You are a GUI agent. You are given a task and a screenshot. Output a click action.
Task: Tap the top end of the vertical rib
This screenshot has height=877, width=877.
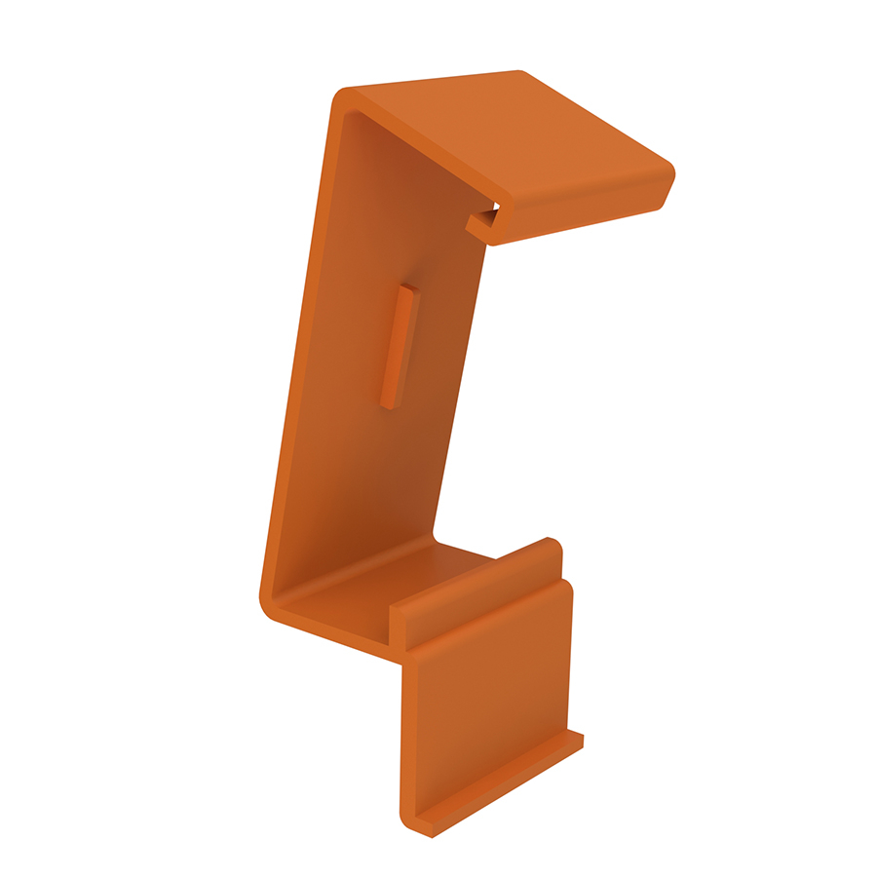click(409, 289)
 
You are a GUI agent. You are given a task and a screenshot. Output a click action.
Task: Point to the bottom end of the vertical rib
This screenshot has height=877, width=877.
click(389, 400)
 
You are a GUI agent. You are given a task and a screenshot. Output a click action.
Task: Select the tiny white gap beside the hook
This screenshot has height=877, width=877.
click(494, 208)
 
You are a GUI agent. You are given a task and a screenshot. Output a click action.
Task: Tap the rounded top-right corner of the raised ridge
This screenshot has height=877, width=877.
click(553, 542)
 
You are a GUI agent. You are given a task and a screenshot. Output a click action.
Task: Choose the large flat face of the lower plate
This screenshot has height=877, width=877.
click(487, 702)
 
